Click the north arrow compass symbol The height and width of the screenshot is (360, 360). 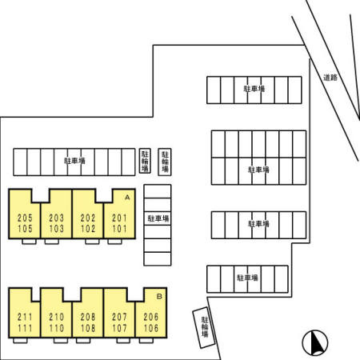click(315, 343)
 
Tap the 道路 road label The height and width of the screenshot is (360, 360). click(330, 78)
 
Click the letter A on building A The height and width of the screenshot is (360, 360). click(127, 198)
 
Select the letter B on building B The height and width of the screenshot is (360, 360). click(159, 296)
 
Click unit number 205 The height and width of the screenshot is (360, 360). click(25, 218)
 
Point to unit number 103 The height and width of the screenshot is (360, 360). click(57, 229)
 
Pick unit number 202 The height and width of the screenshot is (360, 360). click(88, 218)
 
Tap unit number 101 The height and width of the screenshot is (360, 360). click(119, 229)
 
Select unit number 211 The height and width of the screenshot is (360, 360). click(25, 317)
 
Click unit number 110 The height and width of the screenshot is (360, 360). click(57, 328)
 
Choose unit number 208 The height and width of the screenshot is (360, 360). click(88, 317)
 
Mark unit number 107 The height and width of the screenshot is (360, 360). click(119, 328)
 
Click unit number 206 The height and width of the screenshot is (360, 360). click(151, 317)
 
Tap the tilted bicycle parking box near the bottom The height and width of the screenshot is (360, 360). click(204, 327)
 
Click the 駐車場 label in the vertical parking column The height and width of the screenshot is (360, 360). click(158, 218)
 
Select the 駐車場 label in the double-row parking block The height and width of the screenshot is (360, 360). click(258, 170)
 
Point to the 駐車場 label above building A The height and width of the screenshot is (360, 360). click(74, 161)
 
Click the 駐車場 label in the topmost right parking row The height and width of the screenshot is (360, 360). click(254, 89)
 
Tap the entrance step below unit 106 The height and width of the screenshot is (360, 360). click(146, 340)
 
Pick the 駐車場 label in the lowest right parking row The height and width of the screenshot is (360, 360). click(247, 278)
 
